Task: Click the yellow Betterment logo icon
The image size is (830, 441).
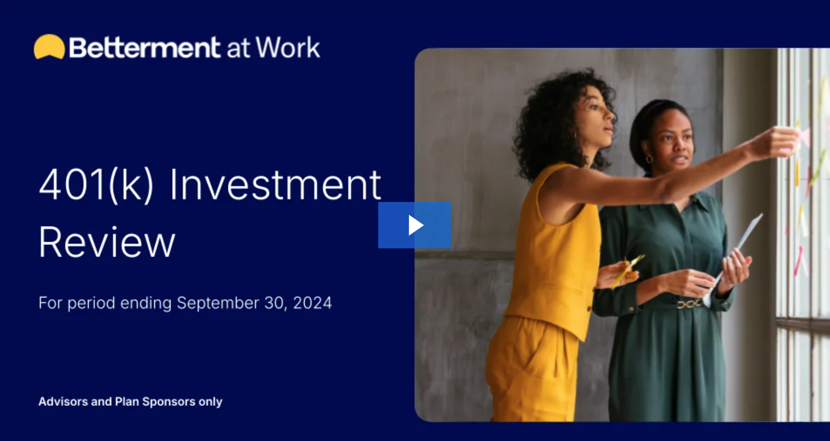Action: coord(49,47)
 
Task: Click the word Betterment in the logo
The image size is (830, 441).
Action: coord(145,48)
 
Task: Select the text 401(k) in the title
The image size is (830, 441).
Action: coord(97,185)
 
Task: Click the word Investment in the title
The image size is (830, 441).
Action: coord(275,184)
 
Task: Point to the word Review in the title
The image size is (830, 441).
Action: coord(107,242)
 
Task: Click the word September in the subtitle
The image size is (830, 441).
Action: coord(218,303)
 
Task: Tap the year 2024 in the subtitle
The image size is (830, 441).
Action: coord(312,303)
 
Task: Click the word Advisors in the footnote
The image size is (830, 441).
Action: coord(63,401)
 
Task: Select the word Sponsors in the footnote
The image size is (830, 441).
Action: coord(169,402)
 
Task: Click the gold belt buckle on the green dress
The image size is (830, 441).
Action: coord(689,304)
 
